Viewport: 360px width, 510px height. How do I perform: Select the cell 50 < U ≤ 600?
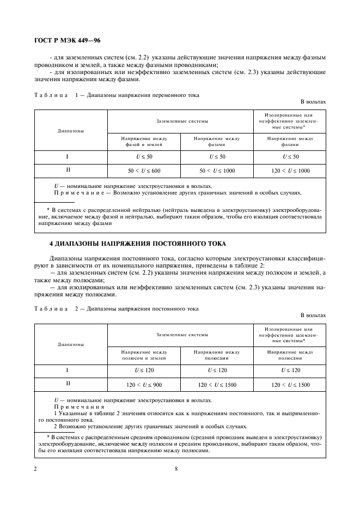click(x=144, y=171)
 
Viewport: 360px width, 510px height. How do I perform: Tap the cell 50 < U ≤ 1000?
click(x=217, y=171)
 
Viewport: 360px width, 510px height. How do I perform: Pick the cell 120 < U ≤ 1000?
click(x=290, y=171)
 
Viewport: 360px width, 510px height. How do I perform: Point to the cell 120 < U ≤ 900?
click(x=144, y=384)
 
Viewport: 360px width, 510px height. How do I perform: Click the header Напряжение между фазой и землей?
click(x=144, y=142)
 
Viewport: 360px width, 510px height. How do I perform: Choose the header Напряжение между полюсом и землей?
click(x=144, y=356)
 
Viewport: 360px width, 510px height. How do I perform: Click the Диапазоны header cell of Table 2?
click(x=71, y=345)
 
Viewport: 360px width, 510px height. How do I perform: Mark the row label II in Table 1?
click(x=67, y=170)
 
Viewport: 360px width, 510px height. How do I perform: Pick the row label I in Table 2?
click(x=67, y=370)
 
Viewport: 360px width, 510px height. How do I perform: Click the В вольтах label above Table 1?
click(x=313, y=102)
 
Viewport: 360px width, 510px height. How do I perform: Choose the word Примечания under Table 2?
click(x=75, y=406)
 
